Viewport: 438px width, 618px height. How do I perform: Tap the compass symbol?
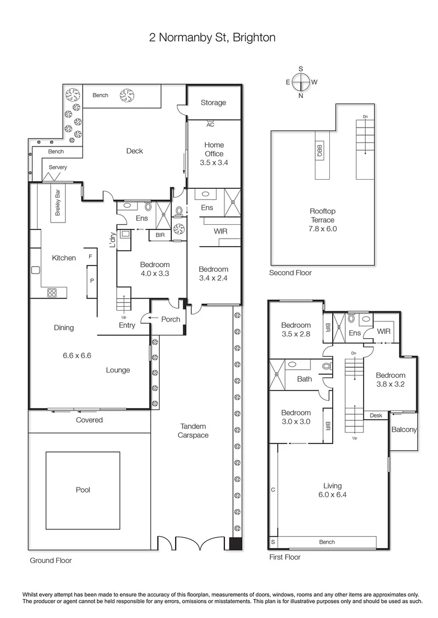[301, 82]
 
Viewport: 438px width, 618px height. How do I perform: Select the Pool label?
[83, 490]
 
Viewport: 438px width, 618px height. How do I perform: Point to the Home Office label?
[214, 150]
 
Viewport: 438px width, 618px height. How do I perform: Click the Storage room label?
[213, 103]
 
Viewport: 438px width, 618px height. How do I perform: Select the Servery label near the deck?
[58, 167]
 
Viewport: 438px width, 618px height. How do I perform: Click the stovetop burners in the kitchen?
[52, 292]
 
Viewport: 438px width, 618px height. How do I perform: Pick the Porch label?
[171, 319]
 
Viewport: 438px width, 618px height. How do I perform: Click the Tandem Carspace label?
[193, 431]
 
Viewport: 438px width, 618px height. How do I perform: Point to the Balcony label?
[404, 430]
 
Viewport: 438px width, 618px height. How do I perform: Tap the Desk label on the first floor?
[376, 415]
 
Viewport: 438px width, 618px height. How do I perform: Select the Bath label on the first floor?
[305, 379]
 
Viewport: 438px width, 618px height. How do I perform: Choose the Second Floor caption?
[290, 273]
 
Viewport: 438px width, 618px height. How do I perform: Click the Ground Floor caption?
[51, 561]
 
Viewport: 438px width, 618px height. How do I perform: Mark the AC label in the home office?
[210, 124]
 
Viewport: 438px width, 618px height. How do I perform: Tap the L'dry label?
[113, 241]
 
